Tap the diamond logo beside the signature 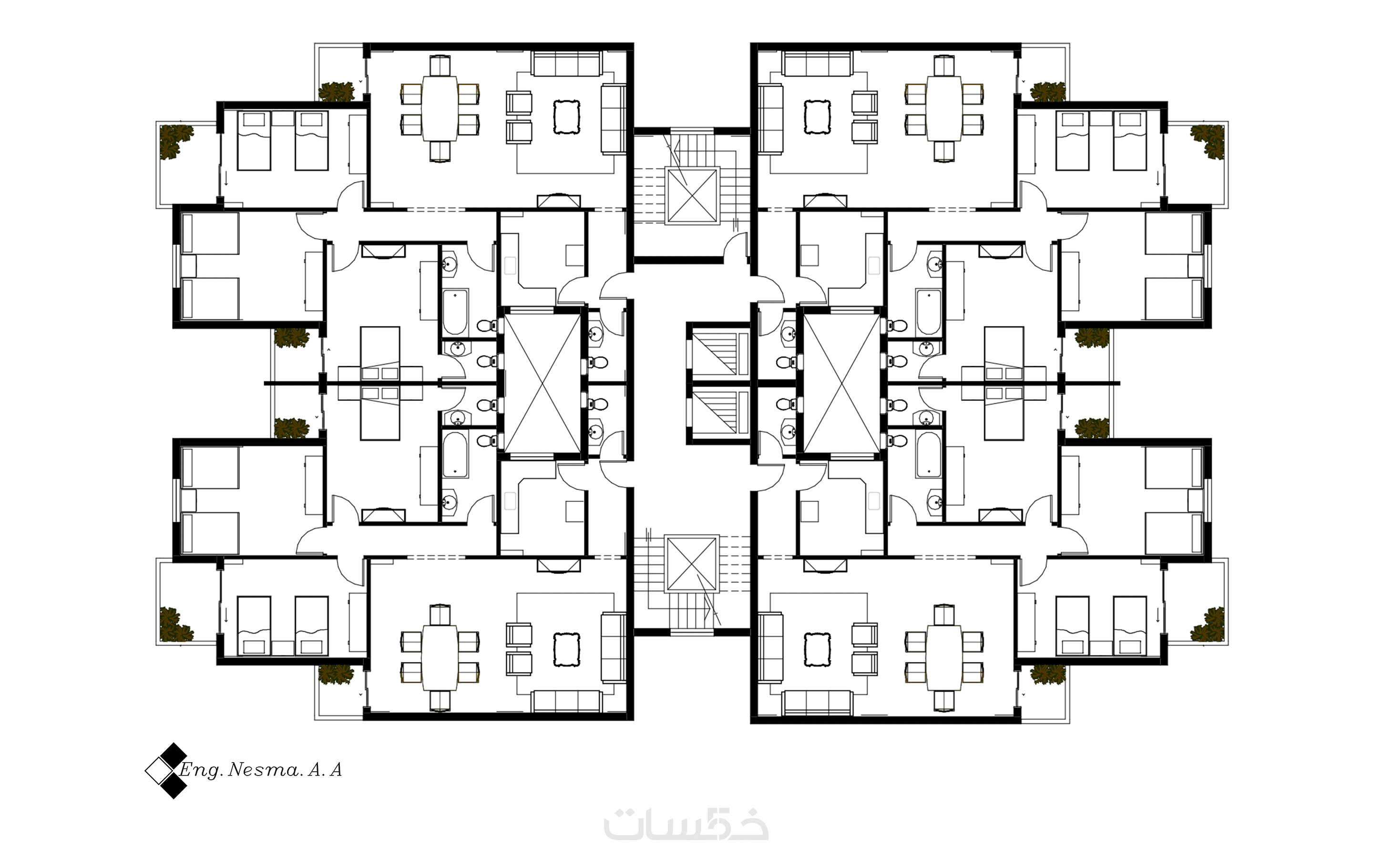click(166, 771)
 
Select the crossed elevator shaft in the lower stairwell click(692, 563)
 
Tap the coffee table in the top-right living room click(818, 117)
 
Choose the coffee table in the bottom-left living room click(567, 649)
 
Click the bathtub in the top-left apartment click(455, 313)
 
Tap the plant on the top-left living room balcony click(336, 92)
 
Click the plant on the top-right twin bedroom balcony click(1207, 141)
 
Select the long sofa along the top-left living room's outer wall click(566, 63)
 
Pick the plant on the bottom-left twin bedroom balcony click(176, 625)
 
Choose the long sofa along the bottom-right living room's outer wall click(817, 703)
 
